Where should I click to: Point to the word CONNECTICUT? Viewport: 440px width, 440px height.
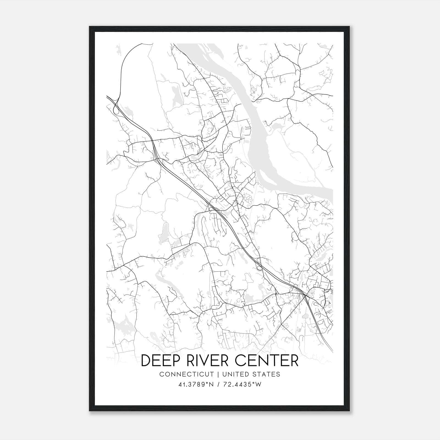tap(186, 374)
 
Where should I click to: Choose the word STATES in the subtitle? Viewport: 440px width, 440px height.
tap(267, 374)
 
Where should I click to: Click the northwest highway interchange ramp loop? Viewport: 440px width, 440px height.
tap(116, 110)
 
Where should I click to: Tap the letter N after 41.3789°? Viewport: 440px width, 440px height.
tap(211, 384)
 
